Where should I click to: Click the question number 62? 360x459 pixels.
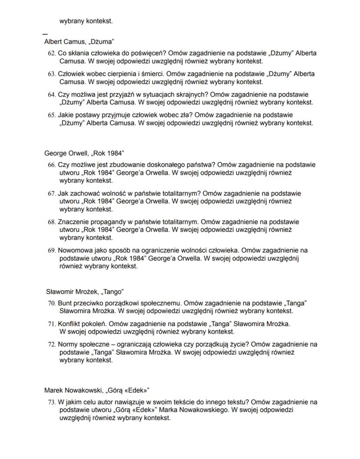[x=52, y=53]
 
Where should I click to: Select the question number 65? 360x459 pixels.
[x=52, y=115]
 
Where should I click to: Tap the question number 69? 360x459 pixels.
[x=52, y=251]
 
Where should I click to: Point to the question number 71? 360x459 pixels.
[x=52, y=324]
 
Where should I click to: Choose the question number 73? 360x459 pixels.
[x=52, y=402]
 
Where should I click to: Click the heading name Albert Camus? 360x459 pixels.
[x=63, y=42]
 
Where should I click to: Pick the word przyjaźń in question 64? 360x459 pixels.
[x=122, y=94]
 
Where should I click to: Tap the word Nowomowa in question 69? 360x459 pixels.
[x=74, y=250]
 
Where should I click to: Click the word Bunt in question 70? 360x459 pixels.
[x=65, y=303]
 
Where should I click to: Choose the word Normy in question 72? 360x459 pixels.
[x=68, y=345]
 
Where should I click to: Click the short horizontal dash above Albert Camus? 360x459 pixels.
[x=45, y=33]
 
